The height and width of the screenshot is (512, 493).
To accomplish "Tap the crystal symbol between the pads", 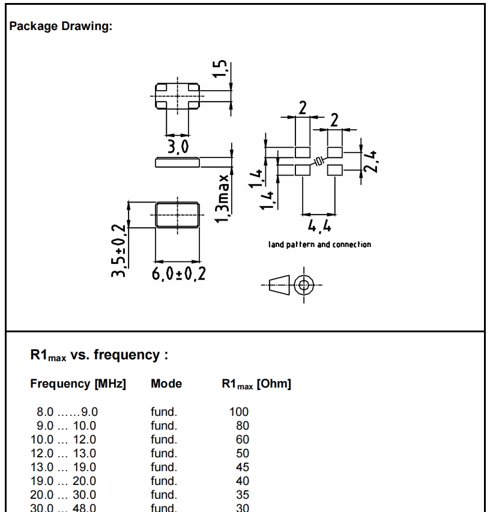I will pos(319,160).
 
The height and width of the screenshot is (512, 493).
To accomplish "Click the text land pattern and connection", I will pos(319,245).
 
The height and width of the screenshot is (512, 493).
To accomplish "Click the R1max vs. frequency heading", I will pos(98,355).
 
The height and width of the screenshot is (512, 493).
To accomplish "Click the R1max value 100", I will pos(239,412).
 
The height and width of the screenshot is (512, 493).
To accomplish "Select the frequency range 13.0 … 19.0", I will pos(64,467).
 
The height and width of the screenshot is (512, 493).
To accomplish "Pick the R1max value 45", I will pos(242,467).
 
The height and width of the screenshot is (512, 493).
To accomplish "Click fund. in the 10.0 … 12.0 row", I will pos(163,439).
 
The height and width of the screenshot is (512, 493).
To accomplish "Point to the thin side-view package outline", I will pos(177,162).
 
